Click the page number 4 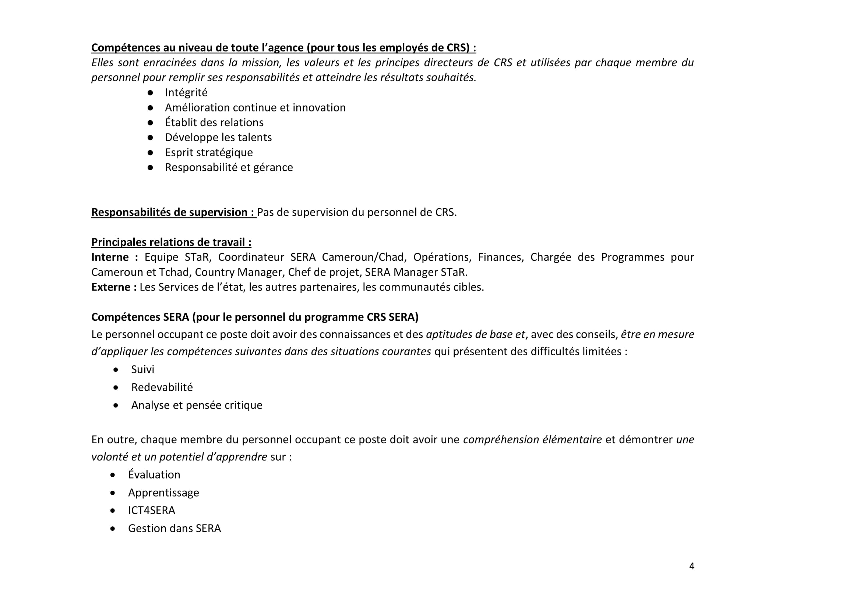point(691,566)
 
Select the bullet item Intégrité point(186,92)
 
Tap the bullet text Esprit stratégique point(209,152)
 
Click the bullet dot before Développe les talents point(150,138)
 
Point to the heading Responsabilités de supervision point(173,212)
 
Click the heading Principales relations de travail point(171,242)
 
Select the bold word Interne point(110,257)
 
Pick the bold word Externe point(110,287)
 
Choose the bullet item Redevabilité point(162,387)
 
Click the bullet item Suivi point(142,370)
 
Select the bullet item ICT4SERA point(151,510)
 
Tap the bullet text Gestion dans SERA point(174,528)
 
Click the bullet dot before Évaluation point(113,475)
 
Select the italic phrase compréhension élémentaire point(532,440)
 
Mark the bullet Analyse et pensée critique point(196,405)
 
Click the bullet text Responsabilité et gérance point(229,167)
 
